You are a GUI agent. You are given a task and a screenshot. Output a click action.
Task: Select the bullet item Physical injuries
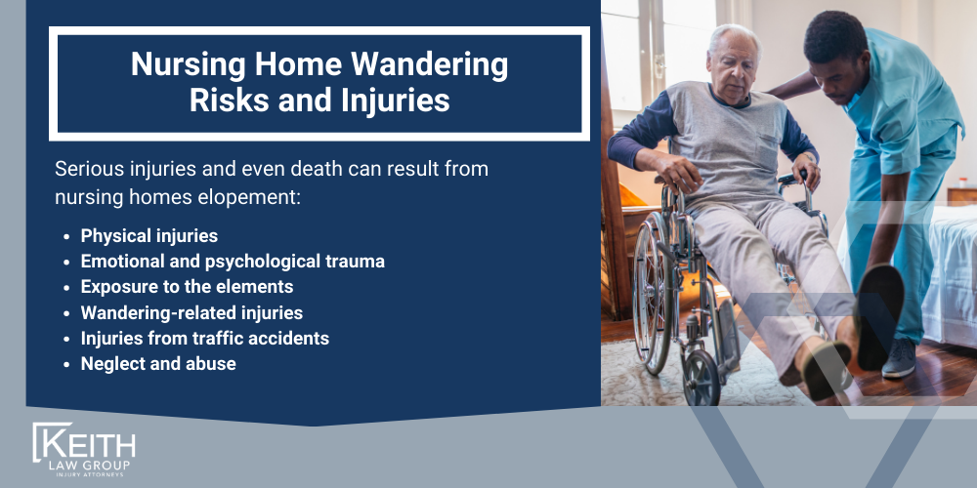[x=149, y=236]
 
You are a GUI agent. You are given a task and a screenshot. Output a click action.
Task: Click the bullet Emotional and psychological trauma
[x=233, y=262]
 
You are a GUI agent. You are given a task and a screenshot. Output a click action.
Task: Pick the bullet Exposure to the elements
[x=187, y=287]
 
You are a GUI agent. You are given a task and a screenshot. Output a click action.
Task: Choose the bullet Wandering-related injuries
[x=191, y=312]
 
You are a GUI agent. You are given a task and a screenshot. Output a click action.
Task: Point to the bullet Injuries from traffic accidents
[x=204, y=339]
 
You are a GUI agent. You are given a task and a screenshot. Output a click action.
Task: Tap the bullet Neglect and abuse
[x=158, y=364]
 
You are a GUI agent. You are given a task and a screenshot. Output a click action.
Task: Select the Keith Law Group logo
[x=84, y=450]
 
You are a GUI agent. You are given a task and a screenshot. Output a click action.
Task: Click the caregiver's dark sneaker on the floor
[x=900, y=358]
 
